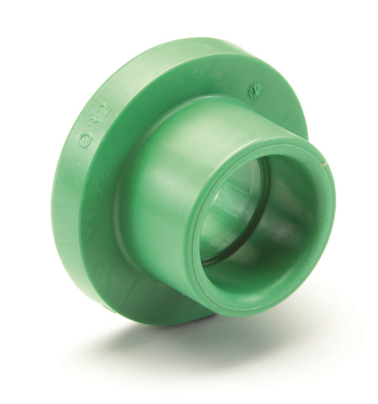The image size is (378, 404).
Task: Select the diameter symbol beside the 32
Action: click(86, 141)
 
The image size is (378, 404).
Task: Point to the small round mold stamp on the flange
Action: click(255, 90)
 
